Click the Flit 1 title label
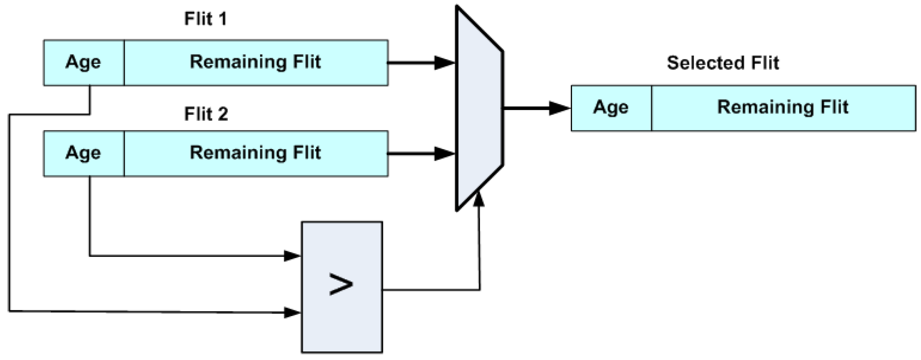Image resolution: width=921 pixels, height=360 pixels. point(205,19)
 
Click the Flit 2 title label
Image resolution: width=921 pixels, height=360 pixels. point(206,114)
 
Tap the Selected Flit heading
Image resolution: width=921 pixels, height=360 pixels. point(722,63)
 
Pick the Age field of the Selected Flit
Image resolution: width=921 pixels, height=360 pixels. point(611,108)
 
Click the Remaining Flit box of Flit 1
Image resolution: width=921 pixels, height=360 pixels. point(256,63)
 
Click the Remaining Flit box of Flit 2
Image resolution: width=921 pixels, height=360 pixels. point(256,153)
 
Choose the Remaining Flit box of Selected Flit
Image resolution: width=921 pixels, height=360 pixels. point(783,108)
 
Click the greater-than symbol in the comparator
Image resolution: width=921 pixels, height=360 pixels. point(341,284)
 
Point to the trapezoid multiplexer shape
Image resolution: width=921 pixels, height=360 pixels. point(479,107)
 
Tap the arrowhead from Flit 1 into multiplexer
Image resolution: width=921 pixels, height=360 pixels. point(444,63)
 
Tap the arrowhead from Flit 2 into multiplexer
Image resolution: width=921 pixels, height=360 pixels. point(444,154)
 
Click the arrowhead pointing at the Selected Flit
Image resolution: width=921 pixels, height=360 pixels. point(559,108)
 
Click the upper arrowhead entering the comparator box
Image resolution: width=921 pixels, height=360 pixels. point(292,256)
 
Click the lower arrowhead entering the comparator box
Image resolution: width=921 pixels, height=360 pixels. point(292,312)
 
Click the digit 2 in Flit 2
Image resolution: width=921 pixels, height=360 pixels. point(222,114)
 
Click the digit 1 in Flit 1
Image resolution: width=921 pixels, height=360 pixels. point(222,19)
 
